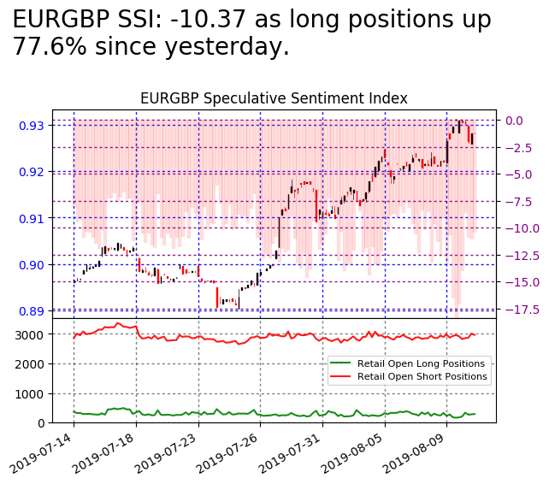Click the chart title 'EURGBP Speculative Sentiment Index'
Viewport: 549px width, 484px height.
tap(274, 98)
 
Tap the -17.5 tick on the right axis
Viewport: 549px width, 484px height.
tap(521, 310)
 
